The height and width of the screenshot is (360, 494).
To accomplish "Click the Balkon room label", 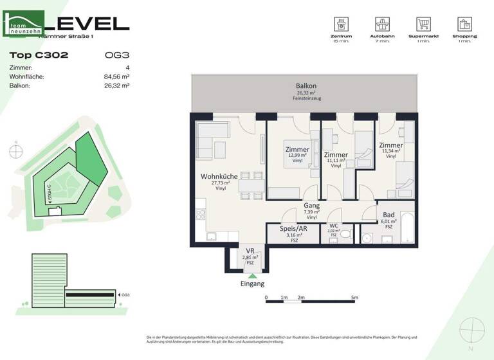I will [306, 86].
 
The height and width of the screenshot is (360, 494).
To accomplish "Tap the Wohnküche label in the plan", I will [219, 176].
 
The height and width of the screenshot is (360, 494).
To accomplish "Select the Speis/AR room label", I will [294, 228].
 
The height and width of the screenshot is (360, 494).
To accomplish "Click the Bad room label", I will [388, 215].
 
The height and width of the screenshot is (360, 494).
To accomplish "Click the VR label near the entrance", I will [250, 251].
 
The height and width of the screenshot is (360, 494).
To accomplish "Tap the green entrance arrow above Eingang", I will [252, 276].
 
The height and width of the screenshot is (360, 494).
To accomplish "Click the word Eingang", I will [252, 284].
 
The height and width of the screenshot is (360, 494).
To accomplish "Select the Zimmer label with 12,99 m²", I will [297, 150].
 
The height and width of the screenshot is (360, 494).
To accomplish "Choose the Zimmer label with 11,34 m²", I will [390, 146].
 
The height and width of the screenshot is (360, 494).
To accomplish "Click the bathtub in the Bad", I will [407, 228].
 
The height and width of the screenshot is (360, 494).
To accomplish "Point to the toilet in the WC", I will [345, 236].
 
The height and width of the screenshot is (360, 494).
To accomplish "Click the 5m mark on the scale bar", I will [354, 298].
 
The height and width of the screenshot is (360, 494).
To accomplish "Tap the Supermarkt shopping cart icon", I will [423, 25].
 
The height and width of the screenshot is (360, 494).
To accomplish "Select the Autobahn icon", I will [381, 25].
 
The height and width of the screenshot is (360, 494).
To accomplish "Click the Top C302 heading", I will [39, 55].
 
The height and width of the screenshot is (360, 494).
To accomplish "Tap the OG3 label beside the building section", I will [125, 295].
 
